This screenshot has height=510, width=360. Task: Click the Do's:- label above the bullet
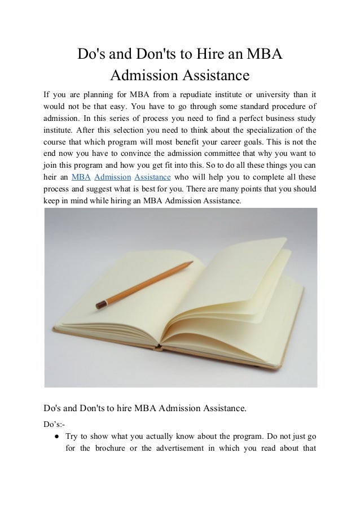tap(54, 424)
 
